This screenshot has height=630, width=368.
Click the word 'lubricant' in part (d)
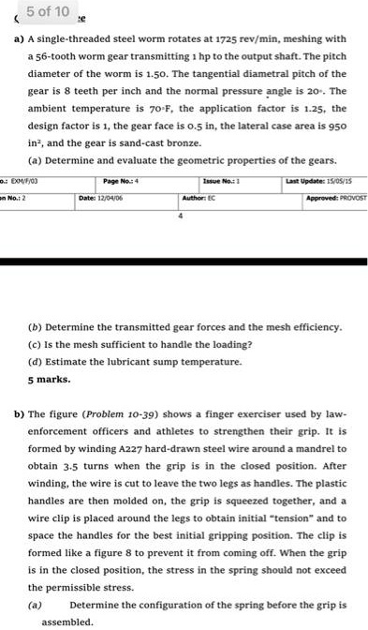coord(119,361)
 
